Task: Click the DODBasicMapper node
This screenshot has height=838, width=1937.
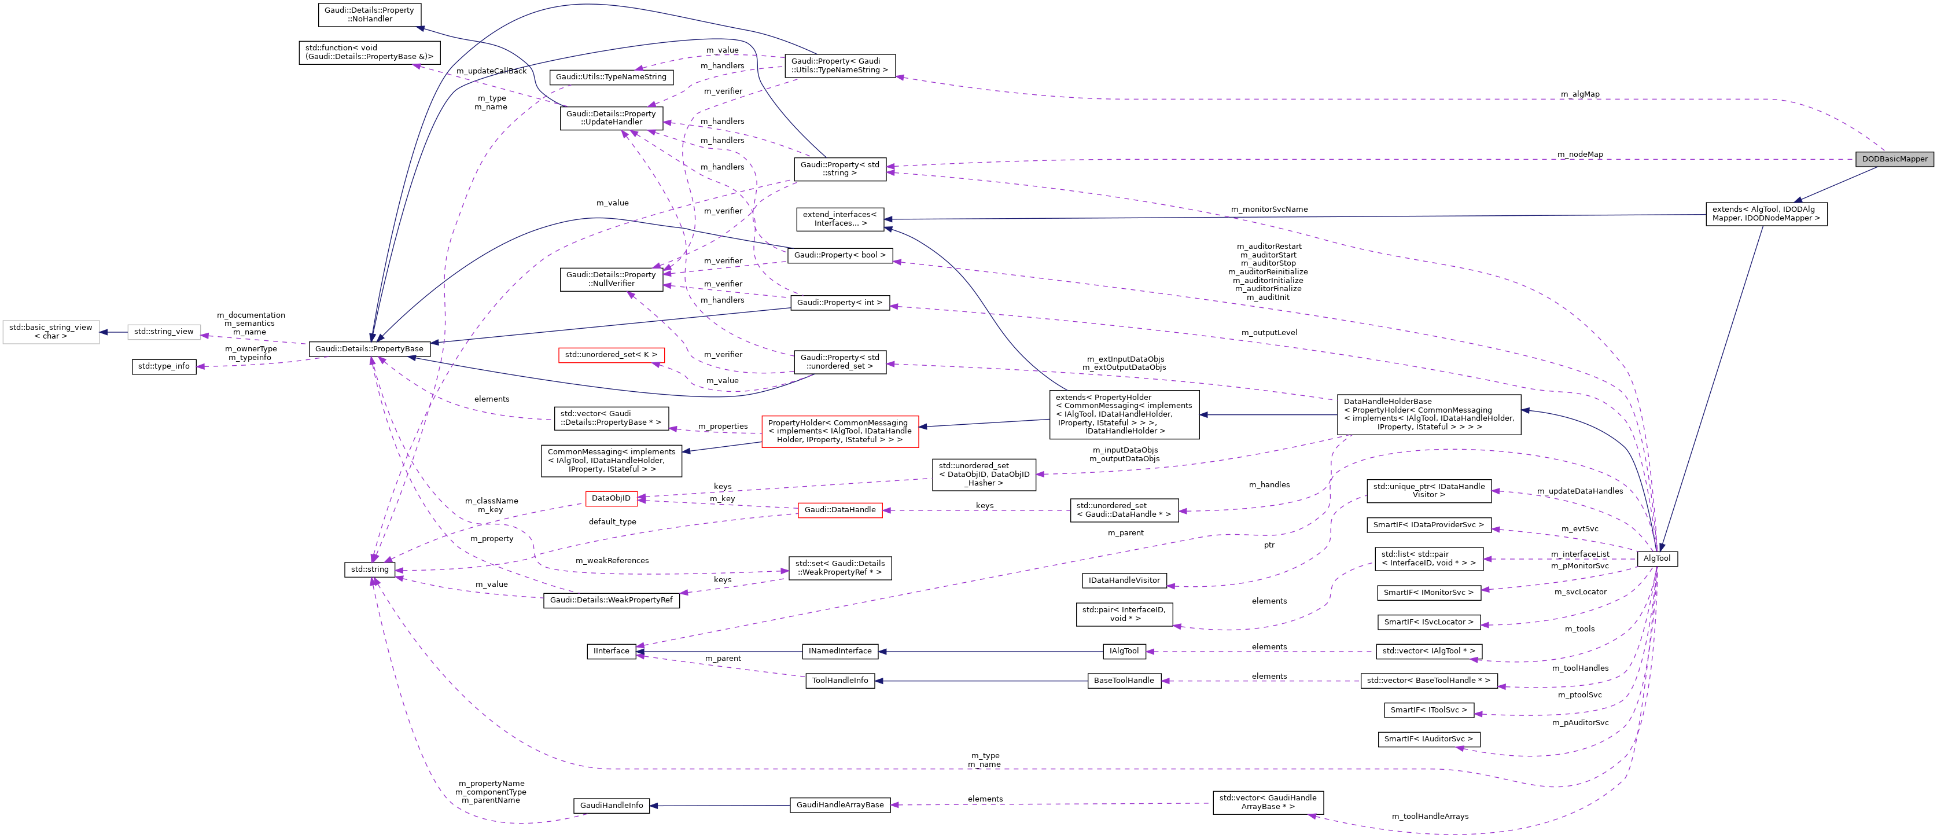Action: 1894,159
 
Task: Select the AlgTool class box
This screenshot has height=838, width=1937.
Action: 1656,558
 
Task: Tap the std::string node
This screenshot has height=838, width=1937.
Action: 369,569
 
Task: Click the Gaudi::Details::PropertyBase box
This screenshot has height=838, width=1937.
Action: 369,348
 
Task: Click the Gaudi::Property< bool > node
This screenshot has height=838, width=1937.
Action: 839,255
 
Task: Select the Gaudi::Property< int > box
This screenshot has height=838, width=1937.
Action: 839,303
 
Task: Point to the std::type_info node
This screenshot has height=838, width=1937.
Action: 164,366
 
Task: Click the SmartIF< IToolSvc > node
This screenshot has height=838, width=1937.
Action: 1428,710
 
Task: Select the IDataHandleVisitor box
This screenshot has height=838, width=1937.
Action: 1124,580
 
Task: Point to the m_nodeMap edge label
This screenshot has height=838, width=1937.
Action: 1580,154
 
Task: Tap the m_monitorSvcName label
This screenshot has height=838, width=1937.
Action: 1269,209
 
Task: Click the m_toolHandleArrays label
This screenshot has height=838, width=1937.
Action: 1430,816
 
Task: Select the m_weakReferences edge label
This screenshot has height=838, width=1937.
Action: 612,560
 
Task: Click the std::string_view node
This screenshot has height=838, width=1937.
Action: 164,331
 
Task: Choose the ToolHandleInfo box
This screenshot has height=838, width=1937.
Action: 839,680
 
